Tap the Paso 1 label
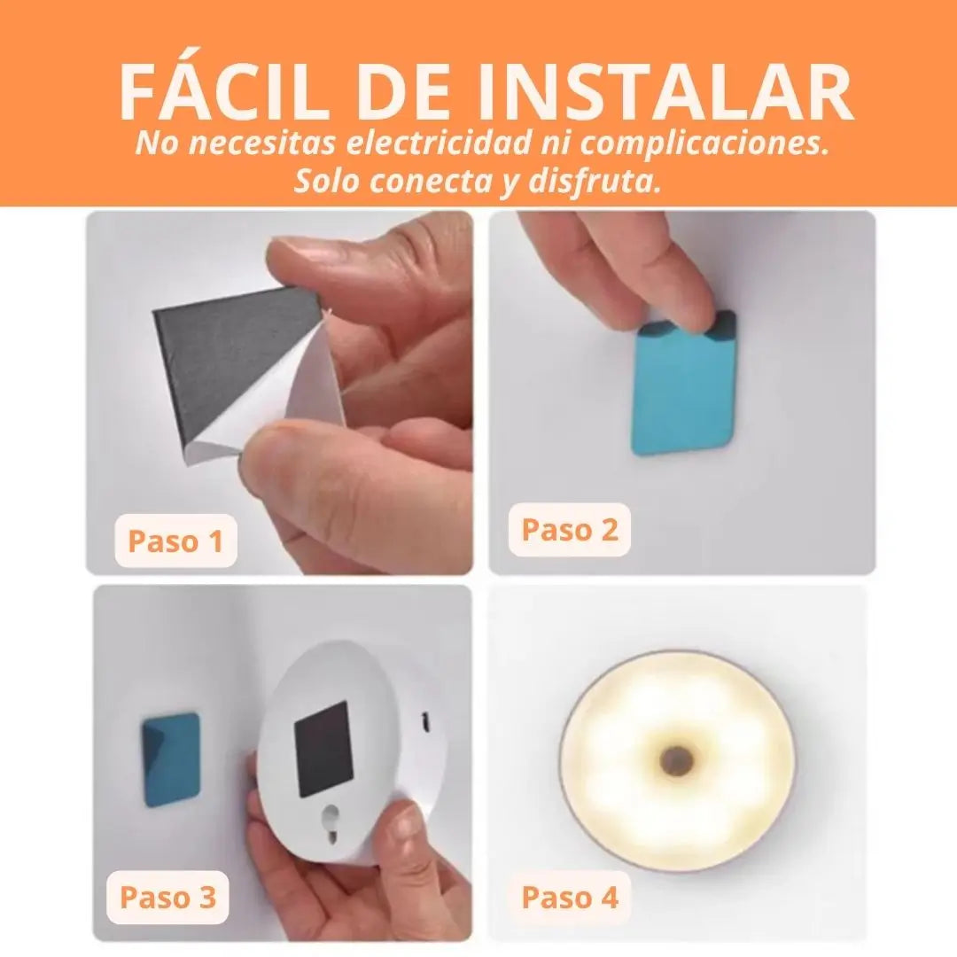(x=175, y=541)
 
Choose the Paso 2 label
(x=570, y=529)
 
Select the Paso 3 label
(x=167, y=897)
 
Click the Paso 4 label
(x=570, y=897)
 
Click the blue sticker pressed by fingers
(x=682, y=385)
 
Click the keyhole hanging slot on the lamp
(x=331, y=819)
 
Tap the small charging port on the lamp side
(x=427, y=722)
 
